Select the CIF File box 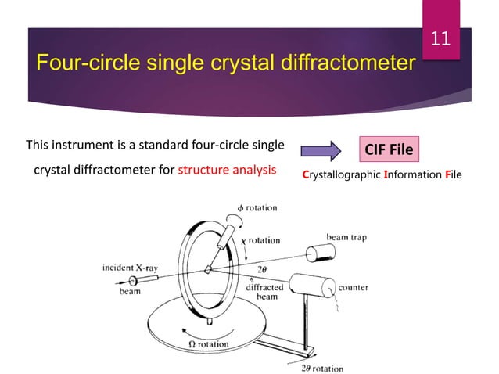[390, 147]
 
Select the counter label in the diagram [354, 287]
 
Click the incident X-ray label [130, 268]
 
